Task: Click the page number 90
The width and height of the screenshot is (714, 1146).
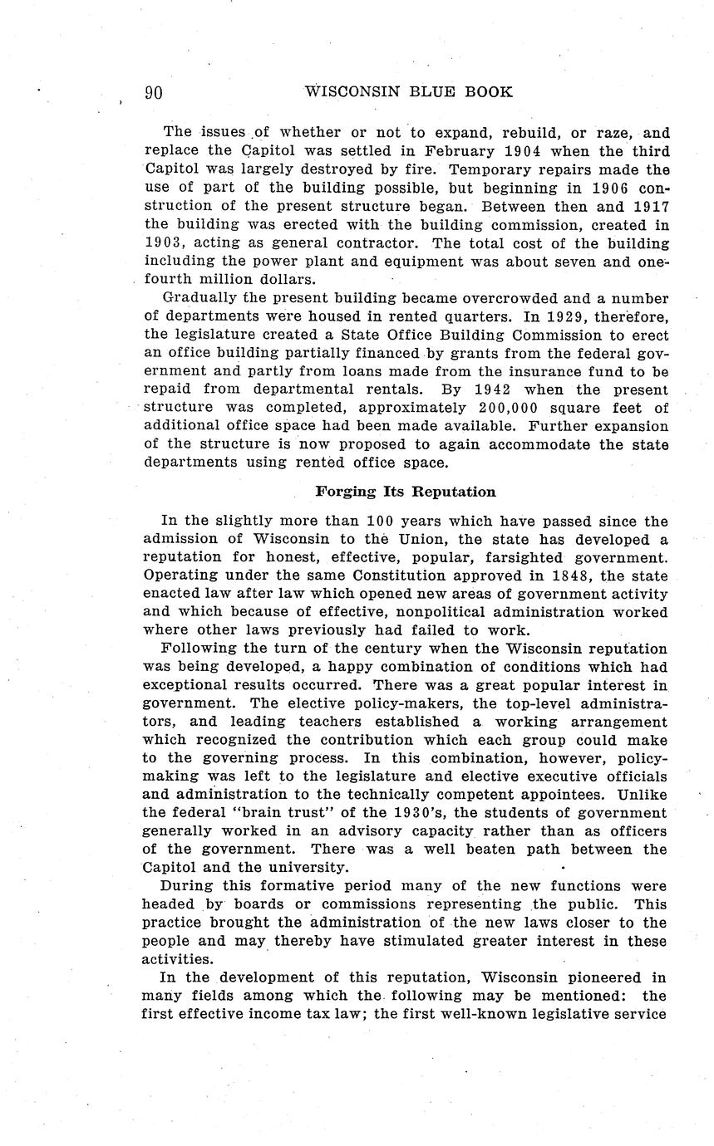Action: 154,92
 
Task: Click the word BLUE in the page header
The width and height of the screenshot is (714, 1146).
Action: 425,92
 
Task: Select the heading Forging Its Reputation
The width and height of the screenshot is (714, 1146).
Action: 406,492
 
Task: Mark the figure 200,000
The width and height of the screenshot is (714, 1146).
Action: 508,408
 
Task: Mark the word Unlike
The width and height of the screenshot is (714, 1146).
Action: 642,795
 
